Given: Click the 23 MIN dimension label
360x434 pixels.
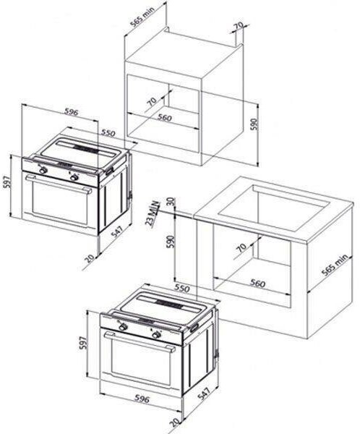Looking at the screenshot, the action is [153, 214].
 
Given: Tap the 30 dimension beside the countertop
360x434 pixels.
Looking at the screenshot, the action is [171, 202].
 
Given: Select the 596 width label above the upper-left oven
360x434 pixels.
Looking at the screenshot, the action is [72, 112].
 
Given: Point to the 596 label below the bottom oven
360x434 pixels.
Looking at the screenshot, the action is [142, 399].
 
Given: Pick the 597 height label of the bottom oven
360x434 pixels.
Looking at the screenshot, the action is [83, 342].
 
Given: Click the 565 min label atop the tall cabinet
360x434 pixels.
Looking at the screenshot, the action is [142, 17].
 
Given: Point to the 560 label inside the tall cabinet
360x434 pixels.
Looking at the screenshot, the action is [165, 118].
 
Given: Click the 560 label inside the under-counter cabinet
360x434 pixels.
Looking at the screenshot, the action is [257, 283].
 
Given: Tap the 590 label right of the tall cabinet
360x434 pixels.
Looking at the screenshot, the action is [254, 124].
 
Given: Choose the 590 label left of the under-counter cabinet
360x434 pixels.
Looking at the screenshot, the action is [171, 242].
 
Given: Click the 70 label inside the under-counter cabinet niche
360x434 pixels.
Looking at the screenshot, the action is [241, 247].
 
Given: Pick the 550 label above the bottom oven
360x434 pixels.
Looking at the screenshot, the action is [181, 288].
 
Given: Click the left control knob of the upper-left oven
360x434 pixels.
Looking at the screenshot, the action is [43, 170].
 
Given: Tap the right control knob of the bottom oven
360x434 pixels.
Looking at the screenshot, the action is [157, 335].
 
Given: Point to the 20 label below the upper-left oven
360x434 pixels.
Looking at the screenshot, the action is [90, 258].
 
